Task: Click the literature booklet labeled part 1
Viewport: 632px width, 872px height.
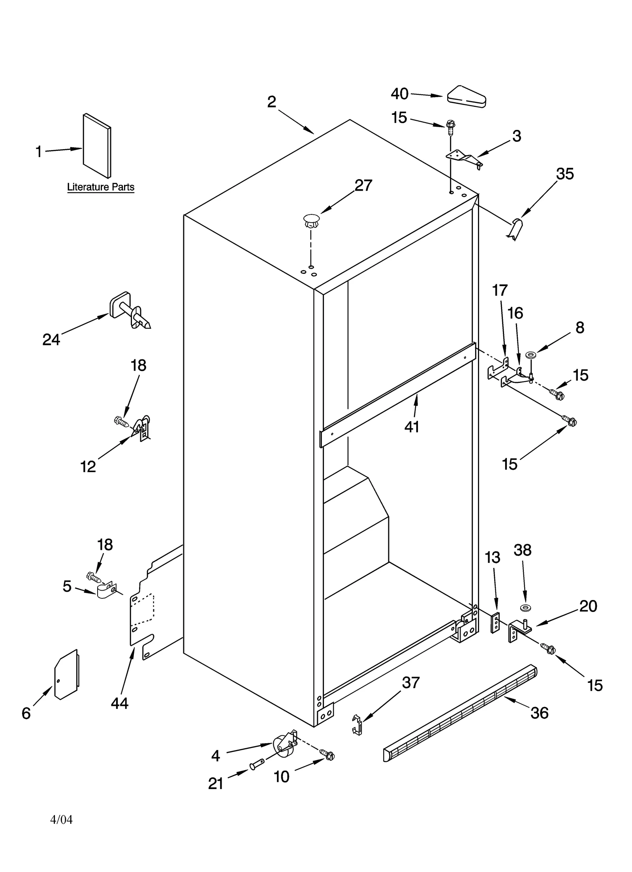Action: coord(97,146)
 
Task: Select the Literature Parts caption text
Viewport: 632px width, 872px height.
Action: coord(101,187)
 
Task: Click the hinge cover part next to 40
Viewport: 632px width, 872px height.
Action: coord(466,97)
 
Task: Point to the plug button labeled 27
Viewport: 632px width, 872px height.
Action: coord(312,221)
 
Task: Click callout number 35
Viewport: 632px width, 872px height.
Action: coord(564,174)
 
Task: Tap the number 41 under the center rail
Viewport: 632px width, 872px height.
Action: coord(412,427)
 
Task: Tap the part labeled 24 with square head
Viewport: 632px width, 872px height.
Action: coord(128,310)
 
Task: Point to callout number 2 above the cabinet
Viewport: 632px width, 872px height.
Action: coord(272,102)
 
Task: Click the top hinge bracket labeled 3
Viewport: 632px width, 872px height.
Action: coord(464,158)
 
